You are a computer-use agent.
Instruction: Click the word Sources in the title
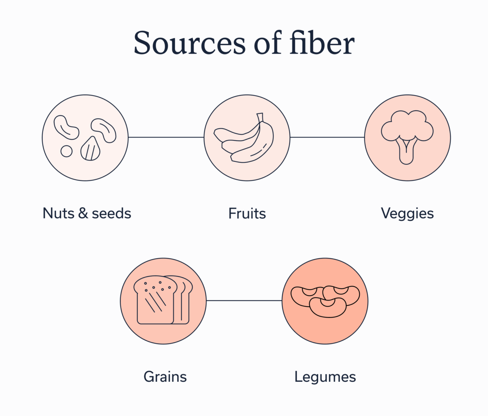[x=190, y=43]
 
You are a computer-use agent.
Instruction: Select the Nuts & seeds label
[x=87, y=213]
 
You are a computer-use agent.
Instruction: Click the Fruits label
[x=247, y=213]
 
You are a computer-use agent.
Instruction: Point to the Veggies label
[x=407, y=214]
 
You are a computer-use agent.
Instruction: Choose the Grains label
[x=165, y=377]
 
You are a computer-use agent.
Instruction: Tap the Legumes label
[x=325, y=377]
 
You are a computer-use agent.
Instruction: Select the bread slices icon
[x=163, y=300]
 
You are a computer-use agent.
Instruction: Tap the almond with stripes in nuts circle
[x=91, y=149]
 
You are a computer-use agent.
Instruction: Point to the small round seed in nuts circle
[x=66, y=151]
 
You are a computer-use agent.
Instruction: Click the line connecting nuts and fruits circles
[x=166, y=137]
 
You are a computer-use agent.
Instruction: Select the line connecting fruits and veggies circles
[x=327, y=137]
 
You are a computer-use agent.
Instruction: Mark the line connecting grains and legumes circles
[x=244, y=301]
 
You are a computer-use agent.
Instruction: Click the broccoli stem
[x=406, y=152]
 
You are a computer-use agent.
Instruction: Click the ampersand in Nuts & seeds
[x=83, y=213]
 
